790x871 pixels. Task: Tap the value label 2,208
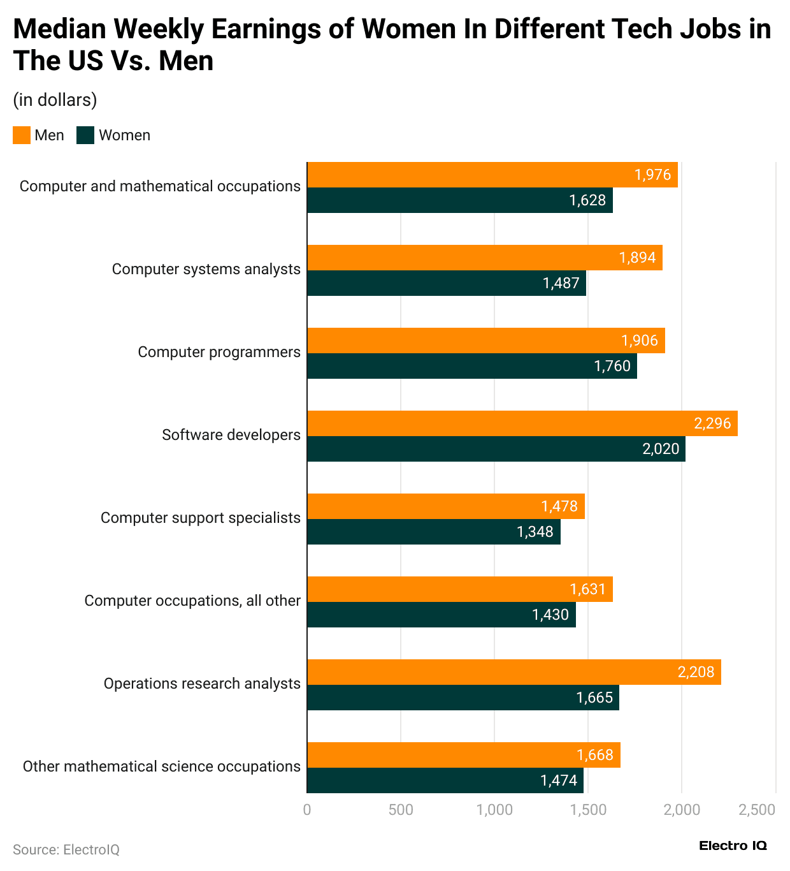click(696, 672)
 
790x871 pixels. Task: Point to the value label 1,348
click(535, 532)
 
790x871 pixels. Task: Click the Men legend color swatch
click(22, 135)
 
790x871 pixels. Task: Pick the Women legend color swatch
click(85, 135)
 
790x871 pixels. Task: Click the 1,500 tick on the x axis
click(588, 810)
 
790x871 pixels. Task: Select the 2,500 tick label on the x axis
click(757, 810)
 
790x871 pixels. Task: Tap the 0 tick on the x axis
click(307, 810)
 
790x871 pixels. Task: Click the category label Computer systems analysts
click(206, 269)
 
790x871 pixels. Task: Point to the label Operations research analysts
click(202, 684)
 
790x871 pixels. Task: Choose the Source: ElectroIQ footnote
click(66, 850)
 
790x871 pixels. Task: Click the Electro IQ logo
click(733, 845)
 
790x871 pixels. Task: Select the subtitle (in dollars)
click(55, 100)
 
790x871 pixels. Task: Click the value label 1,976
click(652, 175)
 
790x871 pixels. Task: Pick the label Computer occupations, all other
click(192, 601)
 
